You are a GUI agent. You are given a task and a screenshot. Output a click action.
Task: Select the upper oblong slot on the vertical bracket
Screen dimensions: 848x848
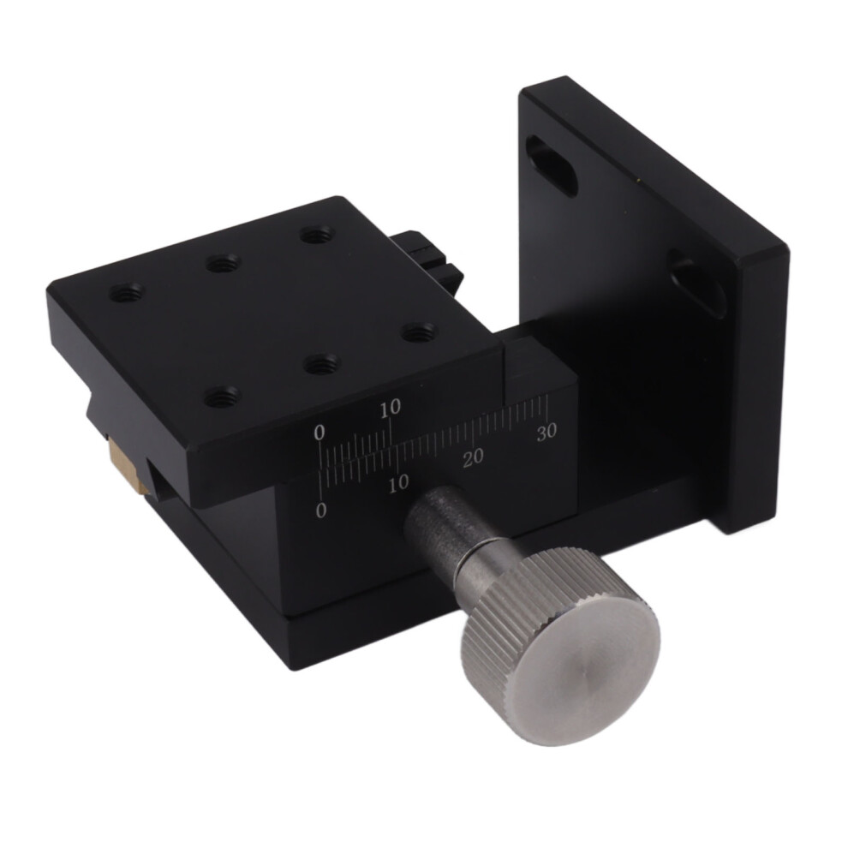click(551, 166)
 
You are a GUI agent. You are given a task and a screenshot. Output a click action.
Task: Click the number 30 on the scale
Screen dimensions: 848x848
click(546, 432)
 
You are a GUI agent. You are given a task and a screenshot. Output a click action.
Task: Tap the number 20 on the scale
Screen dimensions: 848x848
click(473, 457)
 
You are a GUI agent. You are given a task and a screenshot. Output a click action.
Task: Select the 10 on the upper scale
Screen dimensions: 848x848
click(390, 408)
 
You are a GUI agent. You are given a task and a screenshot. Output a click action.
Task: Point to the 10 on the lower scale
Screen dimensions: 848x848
click(398, 482)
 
